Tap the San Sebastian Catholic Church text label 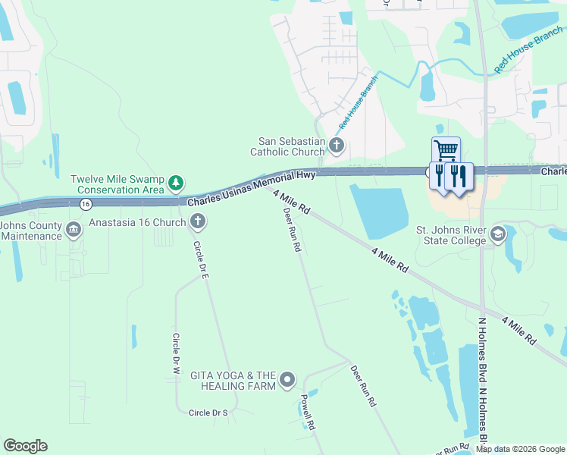pos(291,146)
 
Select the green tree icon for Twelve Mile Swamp pos(176,183)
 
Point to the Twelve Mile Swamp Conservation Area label pos(118,184)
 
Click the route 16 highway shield pos(85,203)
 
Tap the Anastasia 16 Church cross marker pos(197,222)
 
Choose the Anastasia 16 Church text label pos(137,222)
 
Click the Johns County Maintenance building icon pos(74,230)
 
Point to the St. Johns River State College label pos(450,235)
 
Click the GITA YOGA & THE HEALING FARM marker pos(287,379)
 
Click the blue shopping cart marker pos(446,150)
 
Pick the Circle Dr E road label pos(201,260)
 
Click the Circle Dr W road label pos(175,354)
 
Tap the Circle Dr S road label pos(208,413)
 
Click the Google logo pos(25,446)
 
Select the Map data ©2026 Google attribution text pos(519,449)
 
